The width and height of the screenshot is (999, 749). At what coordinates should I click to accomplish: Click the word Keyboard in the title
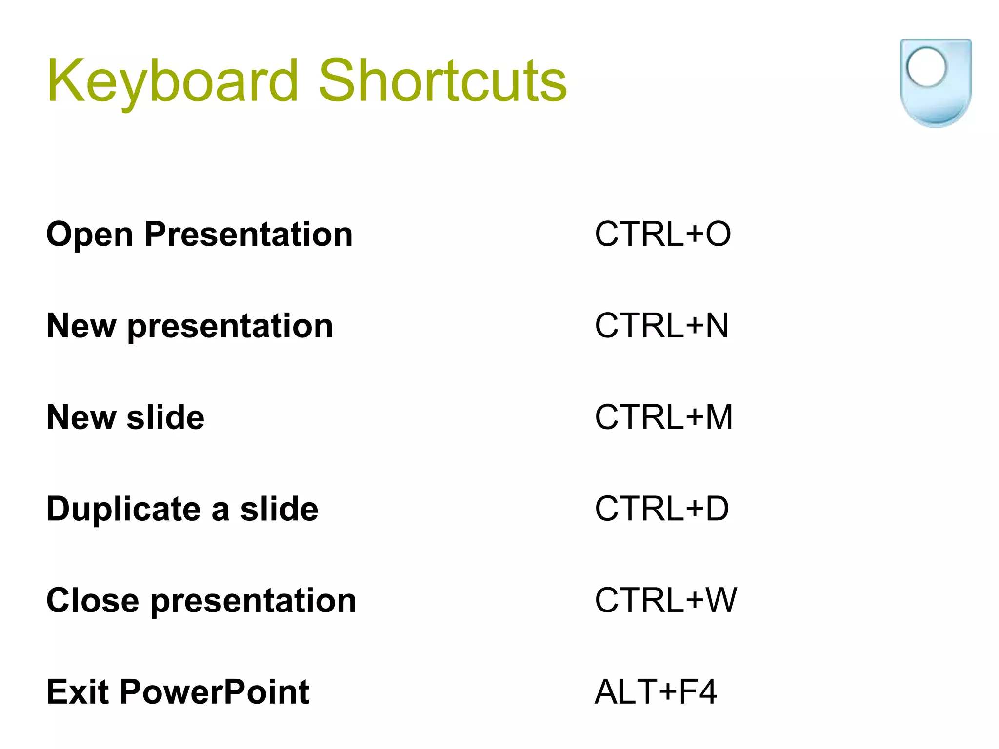(x=172, y=81)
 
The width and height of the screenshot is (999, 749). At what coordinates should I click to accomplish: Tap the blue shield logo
(x=935, y=83)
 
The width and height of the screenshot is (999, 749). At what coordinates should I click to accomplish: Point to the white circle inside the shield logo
(x=926, y=67)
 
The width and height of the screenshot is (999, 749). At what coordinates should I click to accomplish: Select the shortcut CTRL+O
(x=662, y=234)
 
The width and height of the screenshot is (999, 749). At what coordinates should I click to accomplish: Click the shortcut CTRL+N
(x=661, y=326)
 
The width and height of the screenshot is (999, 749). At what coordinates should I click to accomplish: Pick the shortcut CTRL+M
(x=663, y=417)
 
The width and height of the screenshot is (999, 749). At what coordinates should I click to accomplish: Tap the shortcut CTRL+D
(x=661, y=509)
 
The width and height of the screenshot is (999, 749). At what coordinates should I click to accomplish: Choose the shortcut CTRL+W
(x=665, y=600)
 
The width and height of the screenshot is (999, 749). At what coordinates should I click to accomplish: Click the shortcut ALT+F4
(x=656, y=692)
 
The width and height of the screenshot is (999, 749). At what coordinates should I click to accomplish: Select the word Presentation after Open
(x=248, y=234)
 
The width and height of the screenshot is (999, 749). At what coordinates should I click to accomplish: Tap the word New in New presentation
(x=81, y=326)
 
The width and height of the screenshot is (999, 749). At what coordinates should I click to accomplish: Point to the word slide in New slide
(x=165, y=417)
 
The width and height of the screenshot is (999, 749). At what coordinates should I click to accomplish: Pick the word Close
(x=93, y=600)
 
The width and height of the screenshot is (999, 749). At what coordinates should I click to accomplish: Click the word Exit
(x=77, y=692)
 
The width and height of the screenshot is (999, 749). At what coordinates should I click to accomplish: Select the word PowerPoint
(x=214, y=692)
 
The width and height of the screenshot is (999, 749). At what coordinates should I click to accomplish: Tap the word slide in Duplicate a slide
(x=279, y=509)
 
